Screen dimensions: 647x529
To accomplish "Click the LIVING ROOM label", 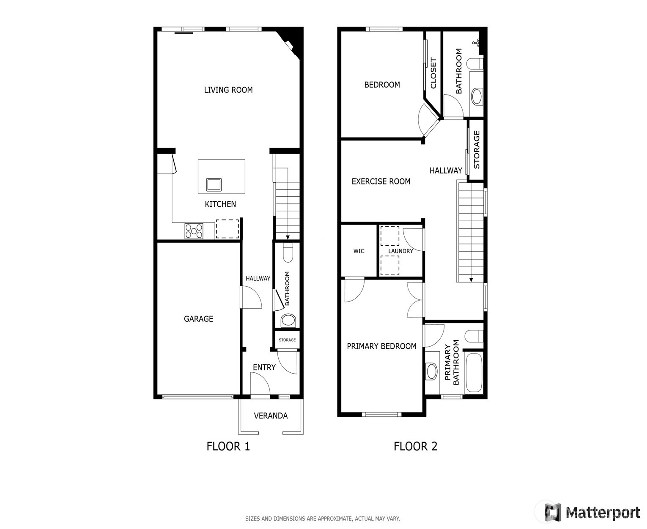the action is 228,90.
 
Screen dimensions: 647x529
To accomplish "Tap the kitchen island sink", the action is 214,184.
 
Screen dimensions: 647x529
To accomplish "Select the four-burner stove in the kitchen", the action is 194,231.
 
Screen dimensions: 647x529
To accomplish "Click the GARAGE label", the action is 198,319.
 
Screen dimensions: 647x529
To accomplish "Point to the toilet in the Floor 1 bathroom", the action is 288,252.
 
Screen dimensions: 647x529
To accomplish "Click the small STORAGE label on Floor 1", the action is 287,340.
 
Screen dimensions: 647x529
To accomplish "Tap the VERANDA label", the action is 271,416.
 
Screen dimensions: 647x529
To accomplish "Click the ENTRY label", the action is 264,367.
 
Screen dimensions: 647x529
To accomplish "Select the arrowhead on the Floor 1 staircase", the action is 288,237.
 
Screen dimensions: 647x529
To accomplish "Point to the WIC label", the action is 359,251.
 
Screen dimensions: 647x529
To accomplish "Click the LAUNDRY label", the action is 400,251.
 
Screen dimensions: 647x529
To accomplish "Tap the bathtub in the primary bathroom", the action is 474,372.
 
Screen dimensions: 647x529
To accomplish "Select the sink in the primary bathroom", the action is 431,371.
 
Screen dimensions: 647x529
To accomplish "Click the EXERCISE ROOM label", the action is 381,182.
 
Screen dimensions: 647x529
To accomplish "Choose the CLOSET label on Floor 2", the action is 433,73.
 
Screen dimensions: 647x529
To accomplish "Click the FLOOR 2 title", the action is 415,446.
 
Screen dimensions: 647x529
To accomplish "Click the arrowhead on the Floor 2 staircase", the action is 471,279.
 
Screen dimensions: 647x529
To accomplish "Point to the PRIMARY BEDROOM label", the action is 381,346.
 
